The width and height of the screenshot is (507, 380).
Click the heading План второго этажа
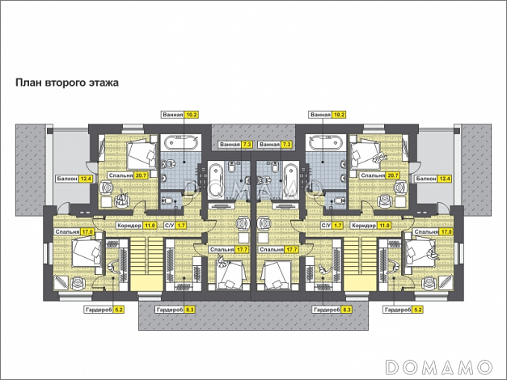(67, 82)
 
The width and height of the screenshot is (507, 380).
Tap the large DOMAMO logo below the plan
(439, 367)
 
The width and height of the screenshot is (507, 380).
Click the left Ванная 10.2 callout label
(180, 115)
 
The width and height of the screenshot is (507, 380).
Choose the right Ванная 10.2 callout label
(327, 115)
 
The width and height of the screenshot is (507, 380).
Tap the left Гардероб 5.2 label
(104, 310)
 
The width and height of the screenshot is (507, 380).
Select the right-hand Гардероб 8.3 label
(332, 310)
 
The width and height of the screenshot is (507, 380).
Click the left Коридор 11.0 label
(137, 226)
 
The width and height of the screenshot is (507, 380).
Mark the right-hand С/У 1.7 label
(332, 226)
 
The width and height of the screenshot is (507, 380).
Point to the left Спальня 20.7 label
(128, 175)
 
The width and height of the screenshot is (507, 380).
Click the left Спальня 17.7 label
(229, 250)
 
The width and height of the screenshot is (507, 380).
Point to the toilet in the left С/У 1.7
(167, 201)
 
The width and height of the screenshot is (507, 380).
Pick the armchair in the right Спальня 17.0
(429, 282)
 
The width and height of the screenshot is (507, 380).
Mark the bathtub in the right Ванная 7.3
(290, 181)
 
